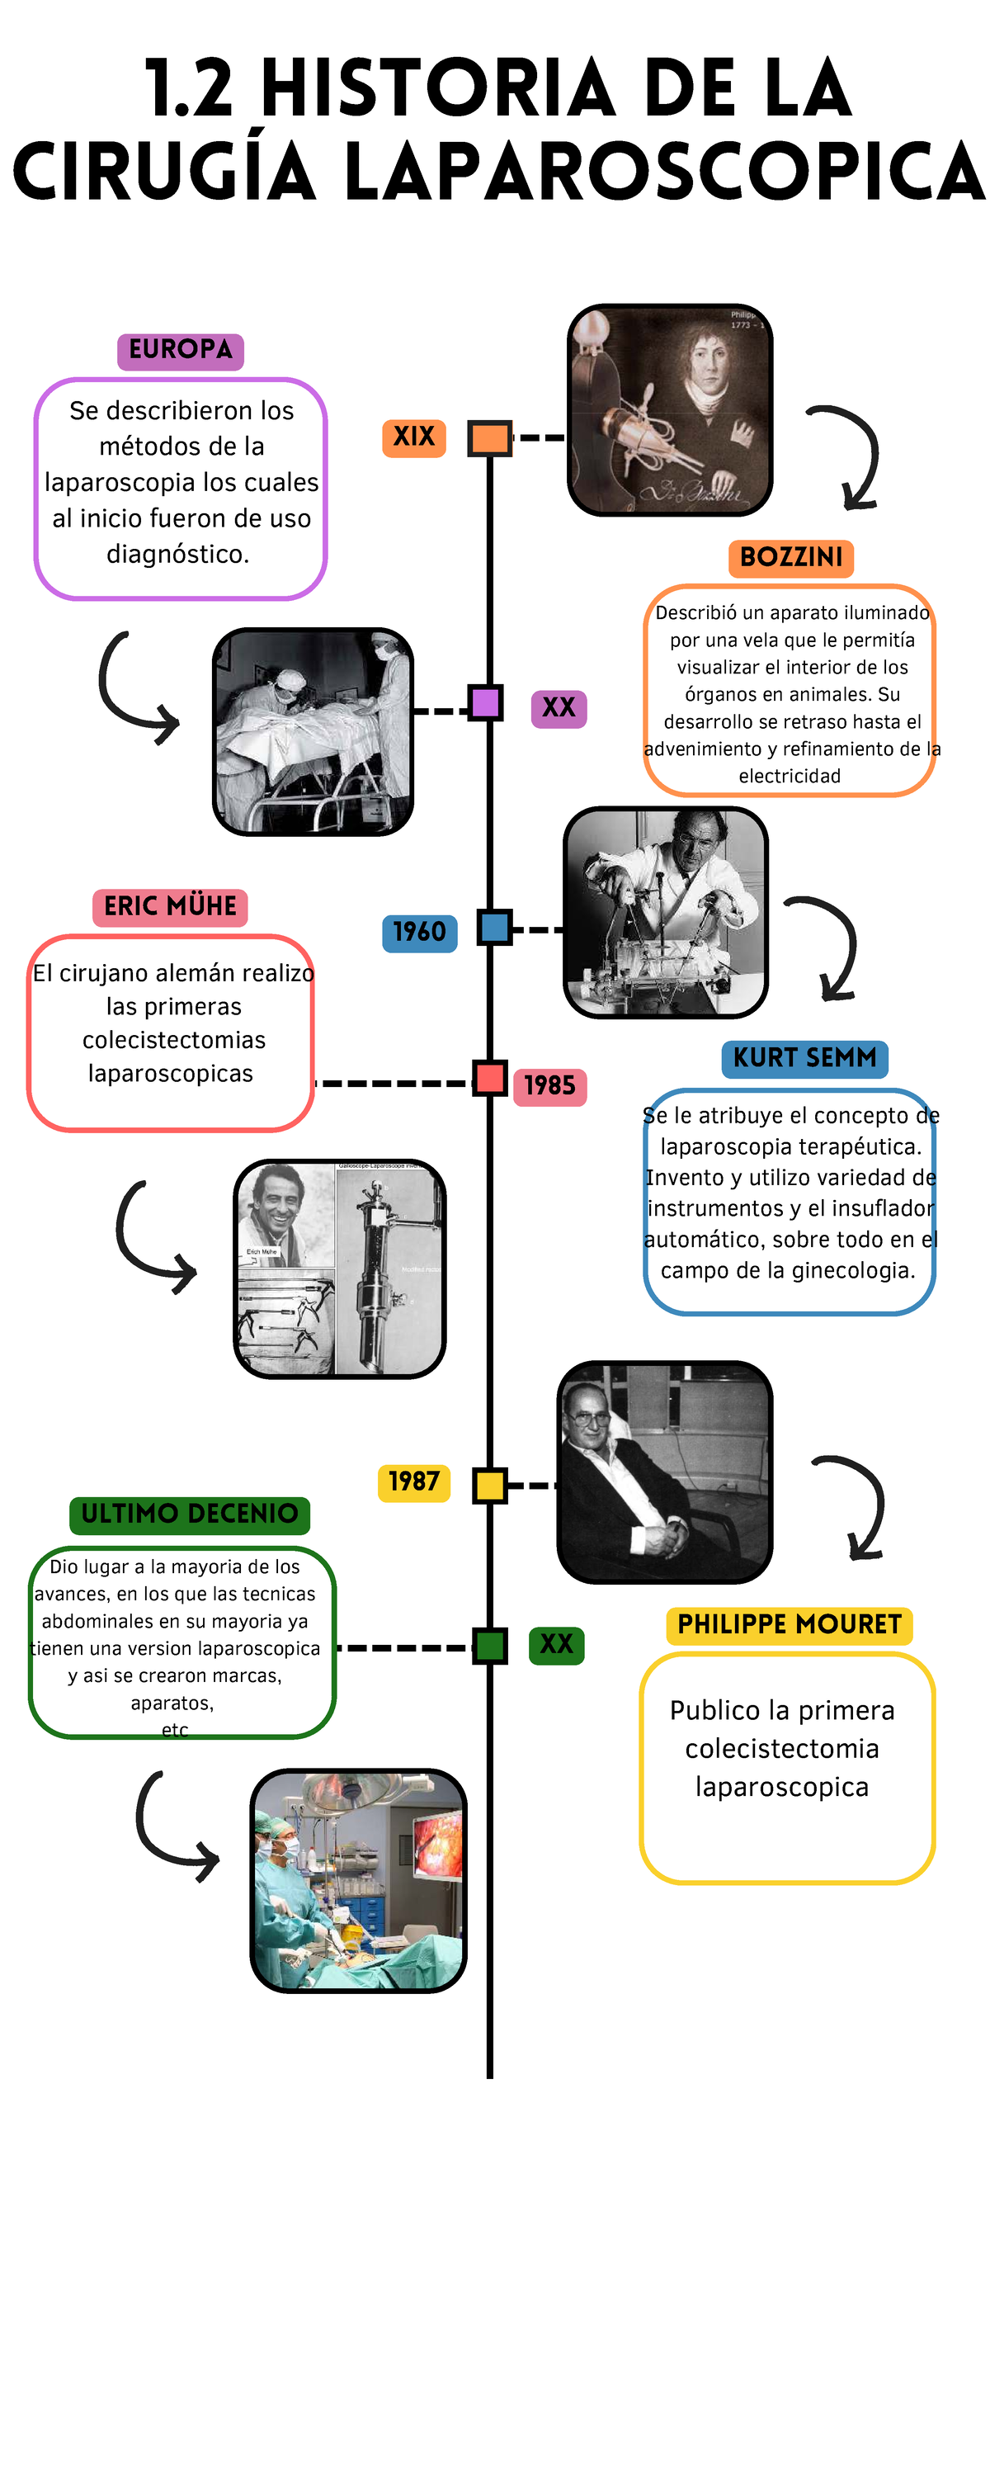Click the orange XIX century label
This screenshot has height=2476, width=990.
pyautogui.click(x=414, y=438)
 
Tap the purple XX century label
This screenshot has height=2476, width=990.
pyautogui.click(x=559, y=708)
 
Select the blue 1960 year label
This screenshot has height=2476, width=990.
pyautogui.click(x=419, y=933)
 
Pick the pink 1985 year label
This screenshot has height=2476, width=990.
pyautogui.click(x=549, y=1086)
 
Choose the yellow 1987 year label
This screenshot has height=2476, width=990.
pyautogui.click(x=413, y=1481)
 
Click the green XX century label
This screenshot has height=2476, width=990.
pyautogui.click(x=557, y=1645)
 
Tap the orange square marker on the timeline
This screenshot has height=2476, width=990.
pyautogui.click(x=489, y=438)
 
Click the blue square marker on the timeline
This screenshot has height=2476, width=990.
pyautogui.click(x=494, y=928)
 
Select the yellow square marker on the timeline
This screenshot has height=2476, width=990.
pyautogui.click(x=490, y=1485)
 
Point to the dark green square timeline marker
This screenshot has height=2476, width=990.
pyautogui.click(x=490, y=1646)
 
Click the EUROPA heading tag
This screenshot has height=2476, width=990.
pyautogui.click(x=181, y=350)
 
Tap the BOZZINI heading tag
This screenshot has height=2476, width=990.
pyautogui.click(x=791, y=557)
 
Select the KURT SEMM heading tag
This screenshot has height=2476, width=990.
pyautogui.click(x=804, y=1058)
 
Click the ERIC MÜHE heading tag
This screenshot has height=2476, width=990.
pyautogui.click(x=170, y=906)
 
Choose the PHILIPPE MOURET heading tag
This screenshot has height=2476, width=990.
pyautogui.click(x=790, y=1624)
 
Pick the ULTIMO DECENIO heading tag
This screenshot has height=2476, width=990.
pyautogui.click(x=190, y=1514)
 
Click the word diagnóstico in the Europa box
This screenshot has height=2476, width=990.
pyautogui.click(x=178, y=555)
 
